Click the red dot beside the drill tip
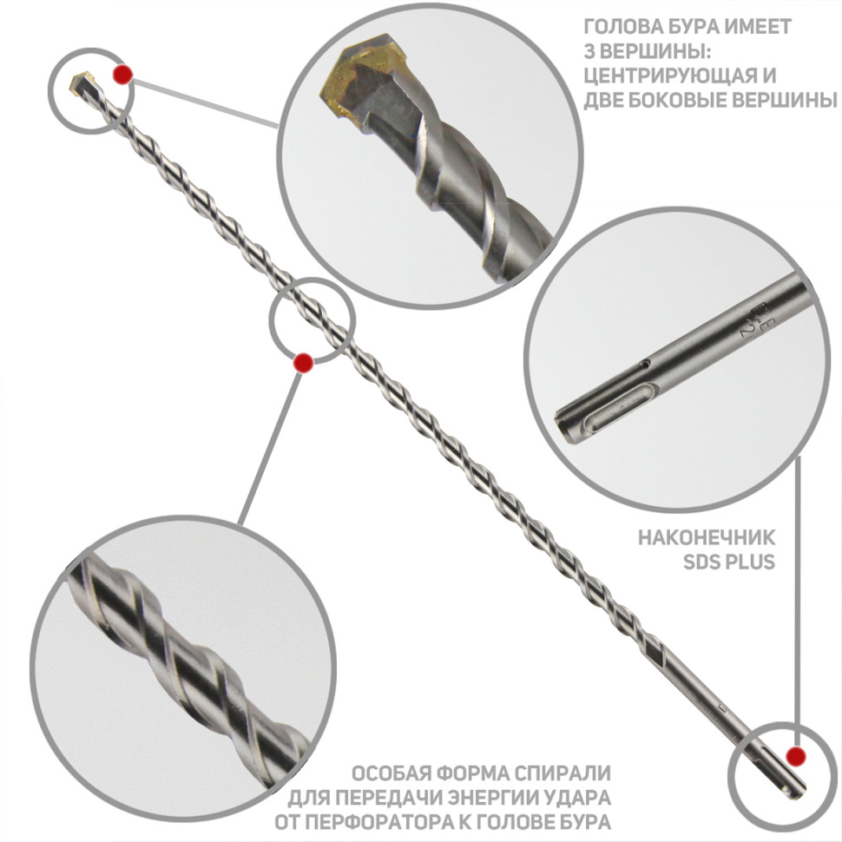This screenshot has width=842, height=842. tap(123, 75)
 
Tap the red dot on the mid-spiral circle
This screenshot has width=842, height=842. tap(303, 363)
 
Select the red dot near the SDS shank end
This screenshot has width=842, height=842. tap(795, 757)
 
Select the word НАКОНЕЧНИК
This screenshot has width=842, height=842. tap(707, 537)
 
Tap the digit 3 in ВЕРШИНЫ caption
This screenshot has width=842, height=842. tap(589, 51)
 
